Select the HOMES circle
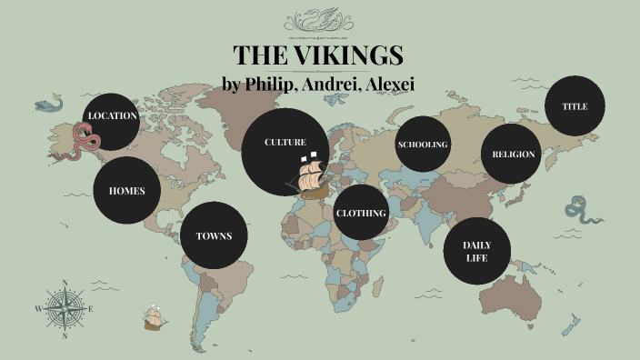coord(126,191)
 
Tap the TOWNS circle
coord(214,235)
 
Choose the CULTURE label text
coord(285,143)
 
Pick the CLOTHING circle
coord(361,213)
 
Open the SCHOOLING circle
coord(423,145)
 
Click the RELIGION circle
coord(514,154)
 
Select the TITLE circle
coord(575,106)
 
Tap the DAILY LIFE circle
coord(476,251)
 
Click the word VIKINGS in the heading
coord(350,55)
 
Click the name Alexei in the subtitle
coord(385,84)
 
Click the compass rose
coord(65,308)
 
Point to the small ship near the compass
coord(155,317)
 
